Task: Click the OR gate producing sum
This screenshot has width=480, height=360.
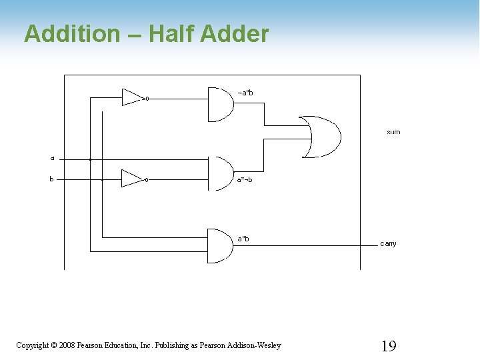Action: [321, 137]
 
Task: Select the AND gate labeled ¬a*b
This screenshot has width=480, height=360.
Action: [220, 105]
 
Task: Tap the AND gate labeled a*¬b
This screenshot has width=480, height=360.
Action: [220, 173]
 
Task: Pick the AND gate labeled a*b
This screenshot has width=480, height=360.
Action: [220, 245]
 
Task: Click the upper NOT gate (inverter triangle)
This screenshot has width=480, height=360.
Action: [133, 98]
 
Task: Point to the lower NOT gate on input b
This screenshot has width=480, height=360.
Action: [132, 179]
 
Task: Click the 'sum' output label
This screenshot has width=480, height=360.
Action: [393, 132]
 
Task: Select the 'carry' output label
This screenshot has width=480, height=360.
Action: [388, 243]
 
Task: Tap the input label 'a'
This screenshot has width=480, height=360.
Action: [52, 159]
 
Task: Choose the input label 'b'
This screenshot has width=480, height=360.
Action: [52, 179]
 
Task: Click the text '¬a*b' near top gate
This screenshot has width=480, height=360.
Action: [245, 93]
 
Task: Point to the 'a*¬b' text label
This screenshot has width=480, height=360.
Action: [245, 179]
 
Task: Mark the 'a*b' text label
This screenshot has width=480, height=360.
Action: [243, 238]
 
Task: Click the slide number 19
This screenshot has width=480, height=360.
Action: [388, 345]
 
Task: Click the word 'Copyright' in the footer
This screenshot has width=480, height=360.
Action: [32, 345]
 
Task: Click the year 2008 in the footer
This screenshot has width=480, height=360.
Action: [67, 345]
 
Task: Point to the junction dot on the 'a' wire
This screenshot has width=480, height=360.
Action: [90, 159]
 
